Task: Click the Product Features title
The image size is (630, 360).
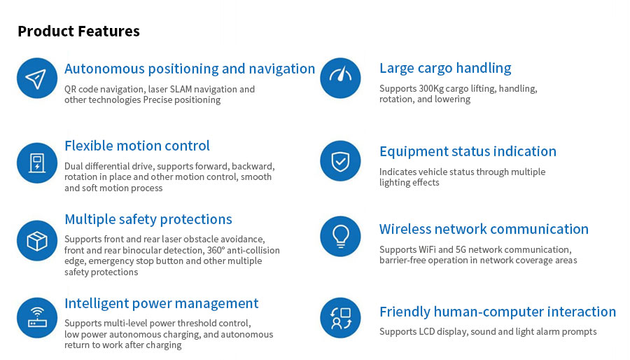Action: pyautogui.click(x=78, y=31)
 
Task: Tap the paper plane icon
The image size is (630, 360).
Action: pyautogui.click(x=37, y=78)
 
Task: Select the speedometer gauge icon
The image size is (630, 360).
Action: pyautogui.click(x=340, y=78)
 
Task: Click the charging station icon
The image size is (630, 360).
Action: pyautogui.click(x=37, y=162)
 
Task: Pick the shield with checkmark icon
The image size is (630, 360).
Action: pyautogui.click(x=340, y=160)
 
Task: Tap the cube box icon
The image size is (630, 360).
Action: pyautogui.click(x=37, y=241)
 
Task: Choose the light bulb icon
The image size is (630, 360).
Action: pyautogui.click(x=340, y=236)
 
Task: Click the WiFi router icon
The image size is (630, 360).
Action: pyautogui.click(x=37, y=318)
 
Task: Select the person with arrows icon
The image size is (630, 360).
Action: pyautogui.click(x=340, y=318)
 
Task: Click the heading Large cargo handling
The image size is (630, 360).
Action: pyautogui.click(x=445, y=69)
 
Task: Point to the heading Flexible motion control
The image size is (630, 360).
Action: pyautogui.click(x=137, y=146)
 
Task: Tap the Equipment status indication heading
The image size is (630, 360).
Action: pyautogui.click(x=468, y=151)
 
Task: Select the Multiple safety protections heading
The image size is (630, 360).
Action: pyautogui.click(x=148, y=219)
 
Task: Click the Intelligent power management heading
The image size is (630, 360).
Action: pyautogui.click(x=162, y=303)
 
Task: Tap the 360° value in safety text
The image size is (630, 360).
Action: pyautogui.click(x=216, y=250)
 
